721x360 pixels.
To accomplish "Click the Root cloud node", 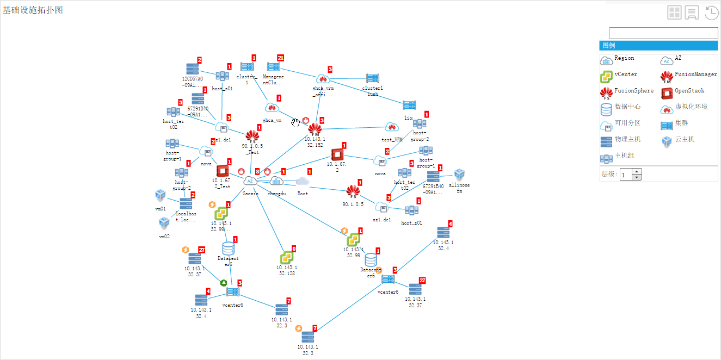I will coord(303,181).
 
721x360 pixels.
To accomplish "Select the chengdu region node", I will coord(277,181).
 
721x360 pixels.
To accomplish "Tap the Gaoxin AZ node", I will coord(250,181).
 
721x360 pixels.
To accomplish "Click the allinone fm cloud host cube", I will coord(459,175).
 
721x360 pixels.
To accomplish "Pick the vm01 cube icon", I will coord(160,195).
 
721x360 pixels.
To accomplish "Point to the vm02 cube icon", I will coord(164,222).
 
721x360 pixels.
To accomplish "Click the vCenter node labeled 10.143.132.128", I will coord(287,257).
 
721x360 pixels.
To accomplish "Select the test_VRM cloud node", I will coord(391,127).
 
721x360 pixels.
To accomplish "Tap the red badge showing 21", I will coord(281,58).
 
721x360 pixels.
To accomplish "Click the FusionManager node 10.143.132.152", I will coord(315,130).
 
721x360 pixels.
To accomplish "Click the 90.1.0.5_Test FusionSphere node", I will coord(251,136).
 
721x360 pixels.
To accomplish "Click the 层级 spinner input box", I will coord(626,174).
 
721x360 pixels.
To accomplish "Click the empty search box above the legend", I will coord(663,33).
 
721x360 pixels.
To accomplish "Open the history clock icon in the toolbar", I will coord(712,13).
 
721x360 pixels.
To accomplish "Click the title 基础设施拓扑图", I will coord(33,10).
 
